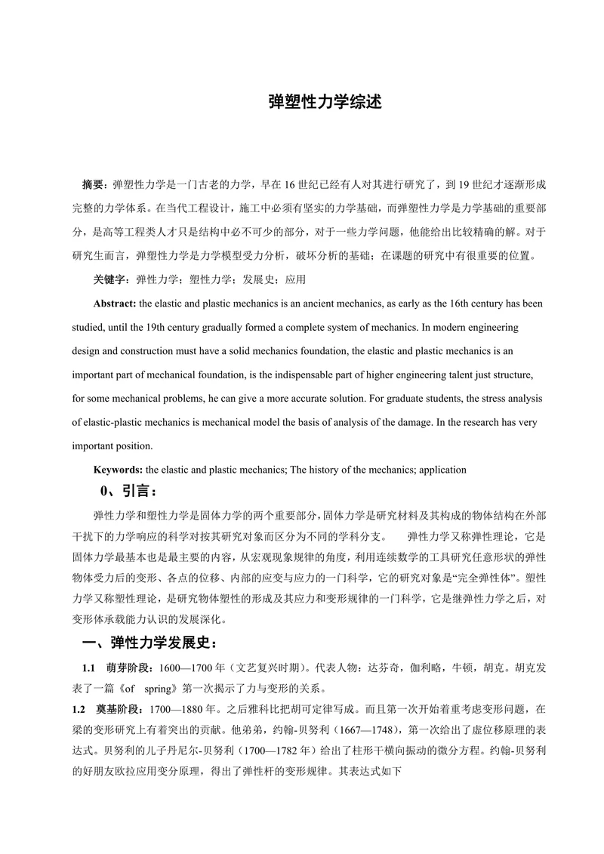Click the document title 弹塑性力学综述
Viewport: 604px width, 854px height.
click(325, 102)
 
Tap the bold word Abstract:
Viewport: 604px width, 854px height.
click(116, 304)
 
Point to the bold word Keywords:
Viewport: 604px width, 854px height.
click(118, 470)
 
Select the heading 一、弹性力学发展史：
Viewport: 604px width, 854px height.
click(153, 643)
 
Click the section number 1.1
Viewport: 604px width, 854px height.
click(88, 669)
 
